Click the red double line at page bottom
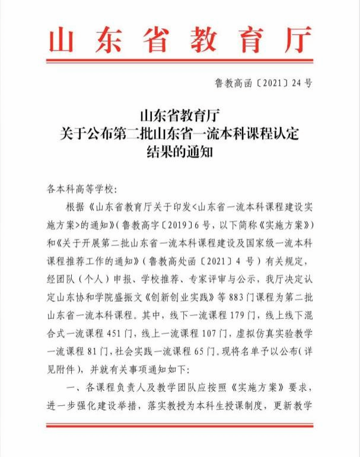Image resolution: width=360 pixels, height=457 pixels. [x=180, y=425]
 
